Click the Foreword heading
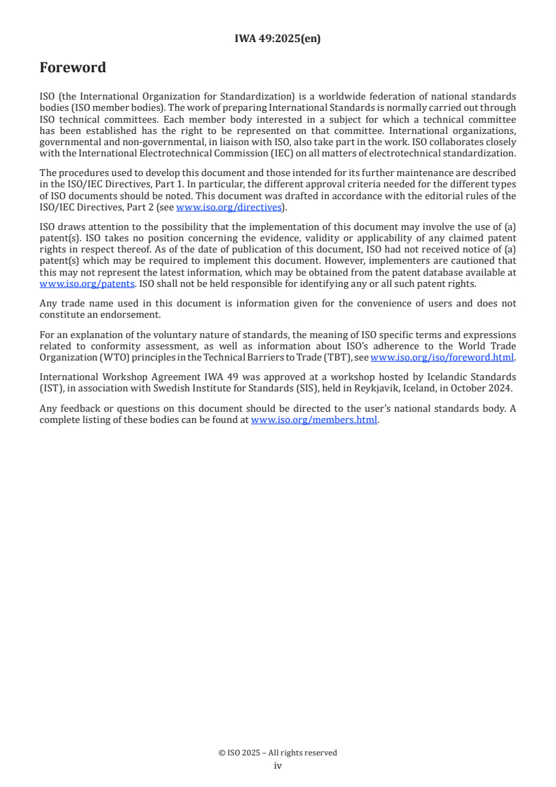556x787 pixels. pyautogui.click(x=73, y=68)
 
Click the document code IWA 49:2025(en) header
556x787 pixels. pyautogui.click(x=278, y=39)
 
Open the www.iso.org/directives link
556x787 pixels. pyautogui.click(x=228, y=207)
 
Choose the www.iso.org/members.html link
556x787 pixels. pyautogui.click(x=314, y=420)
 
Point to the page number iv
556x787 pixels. pyautogui.click(x=278, y=766)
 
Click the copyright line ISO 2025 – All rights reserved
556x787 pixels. pyautogui.click(x=278, y=753)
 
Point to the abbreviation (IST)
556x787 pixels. pyautogui.click(x=50, y=388)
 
